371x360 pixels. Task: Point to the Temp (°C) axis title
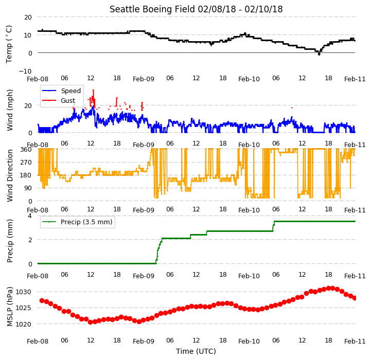click(x=9, y=44)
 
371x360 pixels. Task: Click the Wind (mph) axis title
click(x=9, y=110)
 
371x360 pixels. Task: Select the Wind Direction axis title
click(x=9, y=175)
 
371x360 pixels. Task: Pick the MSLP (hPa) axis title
click(x=9, y=307)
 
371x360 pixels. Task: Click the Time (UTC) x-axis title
click(x=196, y=351)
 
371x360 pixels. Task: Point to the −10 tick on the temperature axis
click(x=25, y=71)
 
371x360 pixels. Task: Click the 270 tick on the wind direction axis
click(x=26, y=163)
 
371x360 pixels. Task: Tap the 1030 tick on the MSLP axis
click(x=24, y=292)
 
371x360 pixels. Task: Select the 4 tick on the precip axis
click(x=29, y=215)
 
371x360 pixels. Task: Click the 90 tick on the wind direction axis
click(x=28, y=188)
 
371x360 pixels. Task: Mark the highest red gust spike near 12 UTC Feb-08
click(x=93, y=90)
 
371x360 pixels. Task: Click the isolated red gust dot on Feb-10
click(x=292, y=108)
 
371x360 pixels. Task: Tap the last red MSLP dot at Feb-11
click(x=355, y=298)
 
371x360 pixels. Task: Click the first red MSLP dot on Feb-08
click(x=42, y=301)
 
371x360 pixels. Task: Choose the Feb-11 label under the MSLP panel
click(x=355, y=341)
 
